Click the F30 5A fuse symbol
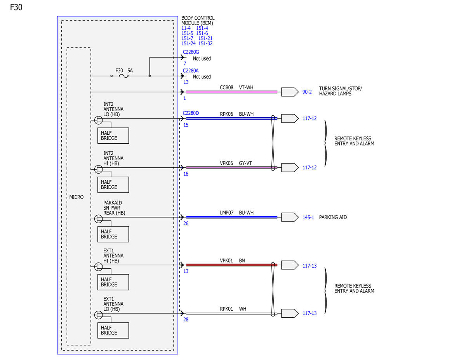click(x=124, y=76)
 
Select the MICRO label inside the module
click(x=77, y=197)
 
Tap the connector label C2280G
click(x=191, y=52)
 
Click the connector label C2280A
click(x=191, y=71)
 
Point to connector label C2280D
click(x=191, y=113)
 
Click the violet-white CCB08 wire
click(x=231, y=92)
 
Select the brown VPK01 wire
click(x=231, y=265)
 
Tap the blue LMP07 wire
click(x=231, y=217)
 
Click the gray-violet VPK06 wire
click(x=231, y=167)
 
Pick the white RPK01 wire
click(x=231, y=313)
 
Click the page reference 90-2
click(x=307, y=92)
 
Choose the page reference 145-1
click(x=308, y=217)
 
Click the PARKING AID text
click(x=333, y=217)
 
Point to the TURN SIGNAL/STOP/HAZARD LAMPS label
click(x=340, y=91)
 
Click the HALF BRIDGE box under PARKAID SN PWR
click(x=113, y=234)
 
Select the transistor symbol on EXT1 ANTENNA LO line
click(x=98, y=315)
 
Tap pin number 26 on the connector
click(x=186, y=223)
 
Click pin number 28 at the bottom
click(x=186, y=320)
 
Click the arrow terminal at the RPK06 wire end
click(x=290, y=118)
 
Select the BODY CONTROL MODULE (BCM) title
click(x=198, y=20)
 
